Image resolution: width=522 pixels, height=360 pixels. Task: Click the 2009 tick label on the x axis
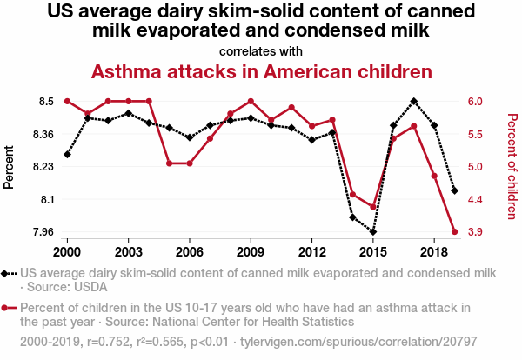coord(251,251)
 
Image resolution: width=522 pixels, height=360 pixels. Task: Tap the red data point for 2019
coord(454,232)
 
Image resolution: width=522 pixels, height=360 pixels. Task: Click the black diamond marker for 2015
coord(372,232)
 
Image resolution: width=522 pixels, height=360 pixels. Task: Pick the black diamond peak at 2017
coord(413,101)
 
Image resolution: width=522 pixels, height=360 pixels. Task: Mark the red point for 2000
coord(67,102)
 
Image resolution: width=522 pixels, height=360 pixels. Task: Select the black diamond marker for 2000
coord(67,155)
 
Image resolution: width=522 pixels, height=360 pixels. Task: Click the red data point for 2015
coord(372,207)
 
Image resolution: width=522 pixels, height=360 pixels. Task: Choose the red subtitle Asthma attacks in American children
coord(261,70)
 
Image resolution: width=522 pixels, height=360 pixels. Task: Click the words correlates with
coord(261,50)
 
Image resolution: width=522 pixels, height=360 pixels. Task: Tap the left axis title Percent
coord(10,167)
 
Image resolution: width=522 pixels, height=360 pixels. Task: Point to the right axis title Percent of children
coord(512,167)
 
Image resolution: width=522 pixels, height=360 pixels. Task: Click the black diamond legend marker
coord(10,273)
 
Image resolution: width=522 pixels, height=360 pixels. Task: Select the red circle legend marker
coord(10,308)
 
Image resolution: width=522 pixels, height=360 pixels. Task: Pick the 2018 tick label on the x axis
coord(434,251)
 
